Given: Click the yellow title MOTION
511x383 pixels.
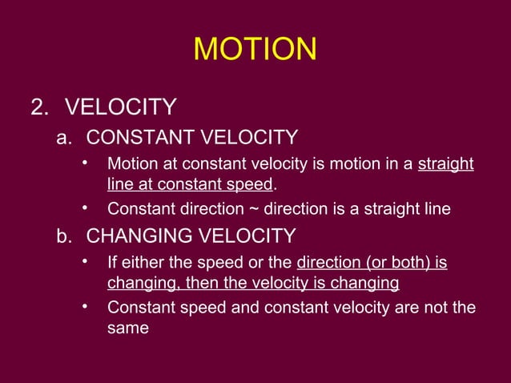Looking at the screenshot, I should click(255, 50).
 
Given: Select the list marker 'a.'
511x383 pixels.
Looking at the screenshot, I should click(65, 138).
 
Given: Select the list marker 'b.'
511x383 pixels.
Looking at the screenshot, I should click(65, 236).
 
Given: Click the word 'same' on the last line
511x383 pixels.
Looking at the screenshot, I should click(128, 328).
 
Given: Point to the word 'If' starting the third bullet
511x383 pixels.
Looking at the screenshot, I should click(113, 264).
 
